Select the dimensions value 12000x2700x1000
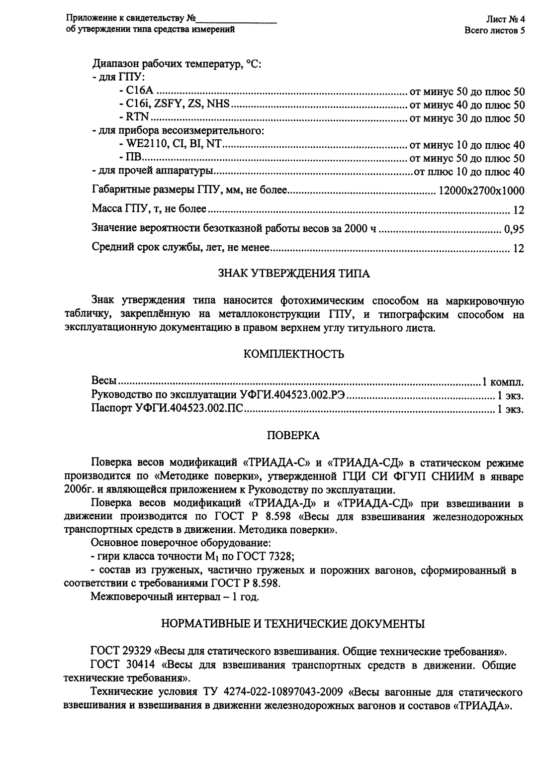[481, 191]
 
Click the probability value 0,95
[514, 230]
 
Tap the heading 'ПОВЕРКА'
[293, 436]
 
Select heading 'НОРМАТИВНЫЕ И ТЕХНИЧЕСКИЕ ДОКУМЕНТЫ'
[293, 624]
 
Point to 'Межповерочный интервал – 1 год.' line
[175, 596]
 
